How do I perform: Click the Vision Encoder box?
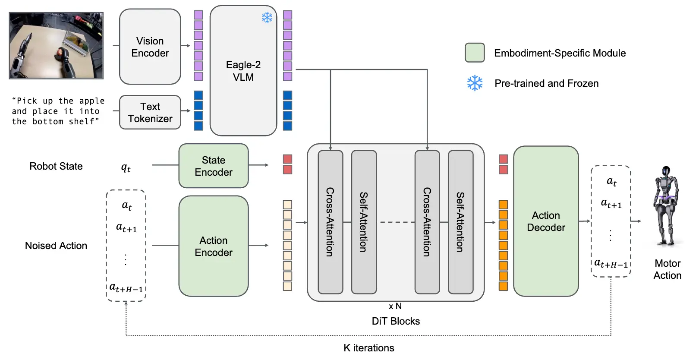[150, 47]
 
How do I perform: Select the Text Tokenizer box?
[150, 112]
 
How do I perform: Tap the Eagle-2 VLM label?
[243, 71]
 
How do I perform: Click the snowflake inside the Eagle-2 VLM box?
[267, 18]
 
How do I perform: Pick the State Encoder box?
[214, 166]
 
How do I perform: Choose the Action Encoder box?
[214, 246]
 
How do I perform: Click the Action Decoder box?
[546, 221]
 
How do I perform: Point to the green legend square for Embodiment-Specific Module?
[475, 53]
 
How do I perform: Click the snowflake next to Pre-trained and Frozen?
[475, 83]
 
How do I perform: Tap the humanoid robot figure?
[666, 205]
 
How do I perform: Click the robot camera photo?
[56, 46]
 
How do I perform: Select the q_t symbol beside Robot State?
[126, 167]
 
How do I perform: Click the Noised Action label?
[56, 246]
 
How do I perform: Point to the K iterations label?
[369, 348]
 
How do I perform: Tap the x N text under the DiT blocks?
[395, 306]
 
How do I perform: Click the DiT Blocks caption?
[396, 321]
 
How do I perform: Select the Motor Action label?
[668, 269]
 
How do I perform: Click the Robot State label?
[56, 166]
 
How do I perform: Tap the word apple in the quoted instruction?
[92, 101]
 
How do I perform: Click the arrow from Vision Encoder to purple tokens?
[186, 46]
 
